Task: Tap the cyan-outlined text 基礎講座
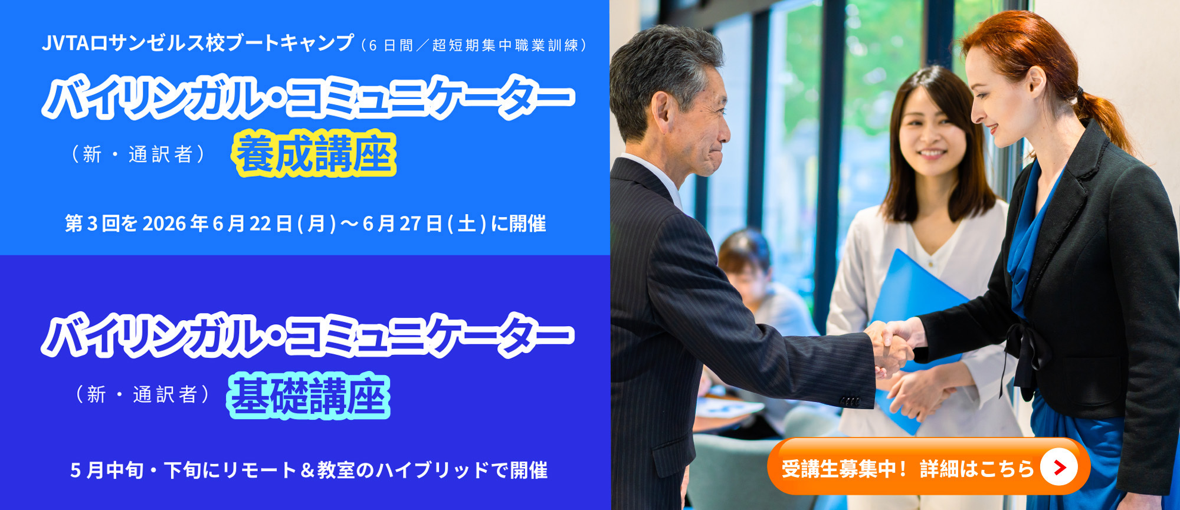tap(309, 396)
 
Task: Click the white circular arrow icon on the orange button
tap(1059, 468)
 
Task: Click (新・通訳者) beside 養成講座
tap(139, 154)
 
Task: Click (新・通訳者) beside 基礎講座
tap(143, 394)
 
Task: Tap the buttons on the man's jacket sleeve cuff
tap(850, 402)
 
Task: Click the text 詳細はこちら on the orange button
tap(977, 469)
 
